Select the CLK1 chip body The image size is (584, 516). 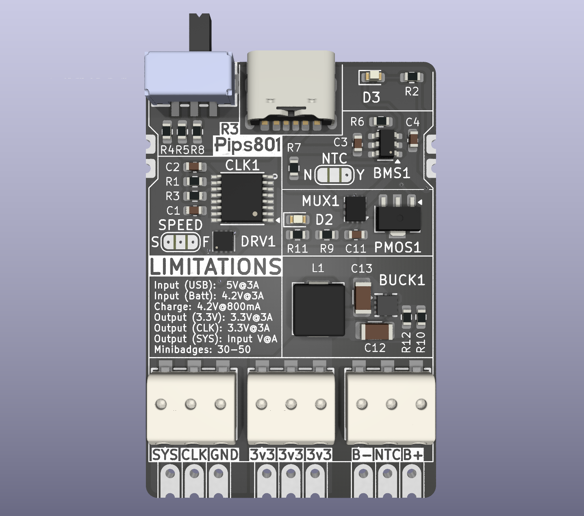(x=242, y=198)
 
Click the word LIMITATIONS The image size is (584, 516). (x=215, y=267)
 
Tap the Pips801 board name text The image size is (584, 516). (x=248, y=145)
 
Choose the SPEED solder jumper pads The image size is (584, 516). (x=180, y=242)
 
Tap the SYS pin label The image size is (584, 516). (x=165, y=455)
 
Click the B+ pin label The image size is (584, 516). (x=413, y=455)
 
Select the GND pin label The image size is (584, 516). (x=224, y=455)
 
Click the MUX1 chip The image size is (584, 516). (x=355, y=209)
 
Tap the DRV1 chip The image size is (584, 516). (x=224, y=242)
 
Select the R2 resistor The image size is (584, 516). (x=411, y=77)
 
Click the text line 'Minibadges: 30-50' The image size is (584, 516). (x=202, y=350)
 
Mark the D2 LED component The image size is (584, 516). (x=296, y=220)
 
